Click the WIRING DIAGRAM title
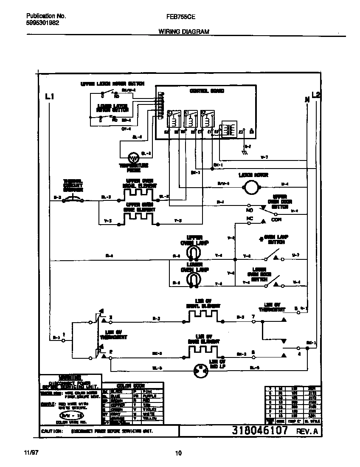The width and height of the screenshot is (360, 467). [x=184, y=32]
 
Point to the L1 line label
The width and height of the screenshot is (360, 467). [x=50, y=97]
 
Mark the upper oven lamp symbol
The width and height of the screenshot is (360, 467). [x=194, y=253]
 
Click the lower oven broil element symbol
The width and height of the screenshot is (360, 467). [x=202, y=316]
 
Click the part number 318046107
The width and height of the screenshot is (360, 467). [x=260, y=430]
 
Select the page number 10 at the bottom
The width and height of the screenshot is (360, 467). [x=178, y=453]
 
